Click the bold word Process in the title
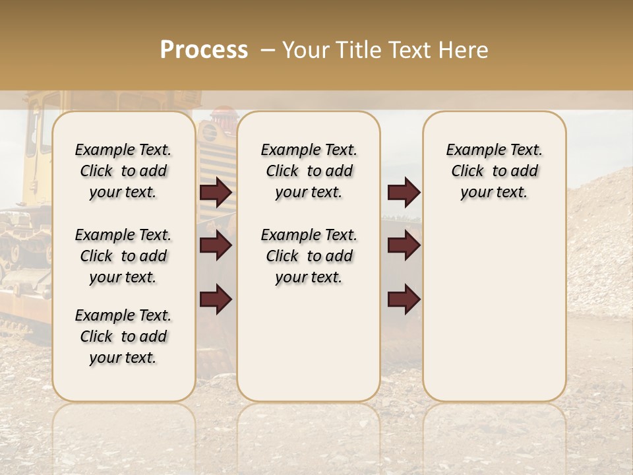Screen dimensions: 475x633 [204, 50]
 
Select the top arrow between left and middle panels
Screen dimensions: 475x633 [216, 193]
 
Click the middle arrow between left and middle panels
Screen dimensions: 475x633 [216, 246]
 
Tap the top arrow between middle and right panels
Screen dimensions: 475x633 [404, 193]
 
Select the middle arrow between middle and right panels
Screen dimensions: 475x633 [404, 246]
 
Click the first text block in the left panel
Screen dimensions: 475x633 [123, 171]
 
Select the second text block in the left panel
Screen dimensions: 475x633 [123, 256]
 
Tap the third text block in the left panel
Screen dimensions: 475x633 [123, 336]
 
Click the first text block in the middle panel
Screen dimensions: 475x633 [309, 171]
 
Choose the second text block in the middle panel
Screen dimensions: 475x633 [309, 256]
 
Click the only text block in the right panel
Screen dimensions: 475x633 [495, 171]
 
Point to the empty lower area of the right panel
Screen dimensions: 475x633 [495, 310]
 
